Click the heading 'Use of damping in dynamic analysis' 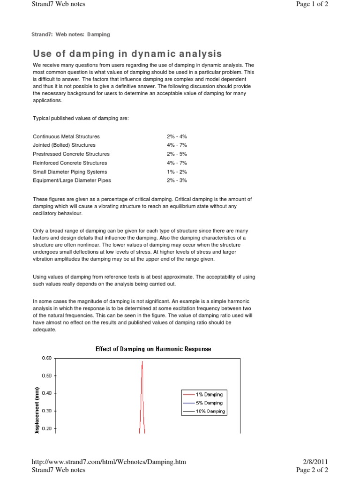127,54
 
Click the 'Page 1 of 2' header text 312,4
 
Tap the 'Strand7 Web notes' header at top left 58,4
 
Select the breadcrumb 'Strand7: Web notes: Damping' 70,34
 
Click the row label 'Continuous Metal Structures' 66,136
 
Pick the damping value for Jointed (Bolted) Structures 176,145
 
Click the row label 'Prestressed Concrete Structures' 71,154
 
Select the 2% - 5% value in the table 176,154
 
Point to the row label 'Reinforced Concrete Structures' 70,163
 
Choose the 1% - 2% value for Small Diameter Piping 176,172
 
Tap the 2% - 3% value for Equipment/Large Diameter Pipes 176,180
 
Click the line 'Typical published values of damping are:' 81,119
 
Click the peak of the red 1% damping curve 142,362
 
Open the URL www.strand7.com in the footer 109,462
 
